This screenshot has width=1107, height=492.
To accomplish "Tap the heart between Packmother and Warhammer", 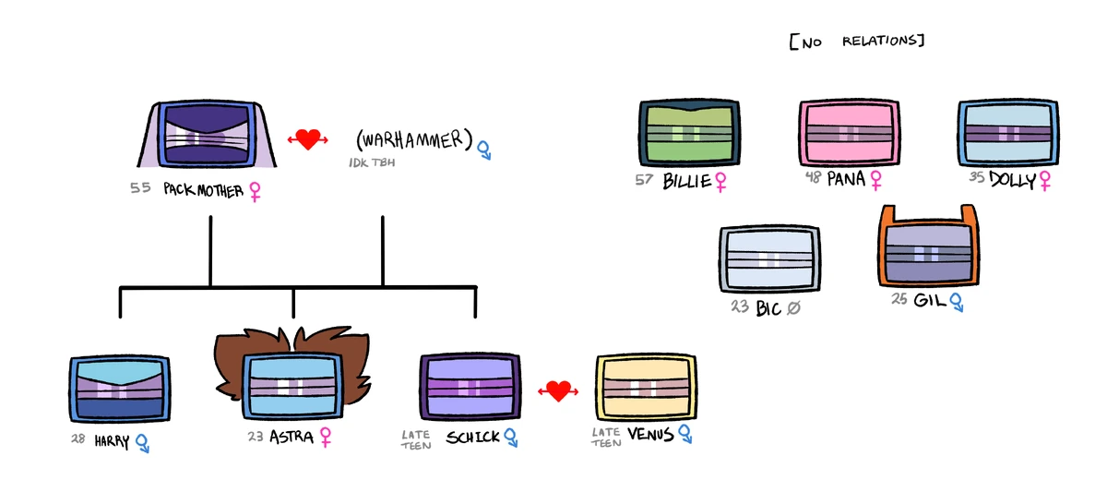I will click(308, 139).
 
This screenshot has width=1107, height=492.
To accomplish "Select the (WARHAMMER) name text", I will click(414, 141).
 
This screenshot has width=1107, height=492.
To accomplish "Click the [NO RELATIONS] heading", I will click(857, 42).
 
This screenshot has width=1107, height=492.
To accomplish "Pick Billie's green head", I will click(689, 134).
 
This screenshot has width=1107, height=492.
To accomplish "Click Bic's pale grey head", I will click(771, 259).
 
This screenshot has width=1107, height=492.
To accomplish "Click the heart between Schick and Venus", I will click(557, 391).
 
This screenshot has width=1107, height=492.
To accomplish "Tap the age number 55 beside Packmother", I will click(140, 188).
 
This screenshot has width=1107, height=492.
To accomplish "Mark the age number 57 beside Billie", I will click(645, 179).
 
